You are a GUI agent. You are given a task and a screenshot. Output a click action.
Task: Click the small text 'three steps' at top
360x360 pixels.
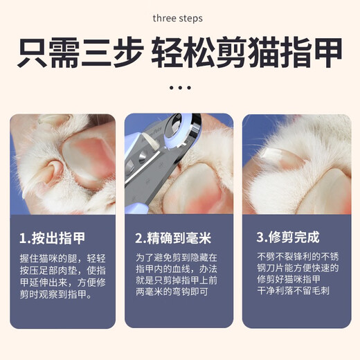tap(178, 17)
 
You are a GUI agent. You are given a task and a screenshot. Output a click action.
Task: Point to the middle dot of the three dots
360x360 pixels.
tap(179, 89)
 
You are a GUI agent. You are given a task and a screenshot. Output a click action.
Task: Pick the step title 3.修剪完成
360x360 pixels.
tap(288, 237)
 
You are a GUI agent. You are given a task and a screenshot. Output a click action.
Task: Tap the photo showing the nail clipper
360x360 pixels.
tap(179, 163)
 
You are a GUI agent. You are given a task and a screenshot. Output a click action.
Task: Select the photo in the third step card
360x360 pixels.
tap(296, 163)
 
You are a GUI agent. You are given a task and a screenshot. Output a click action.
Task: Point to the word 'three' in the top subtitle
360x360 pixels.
tap(164, 17)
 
